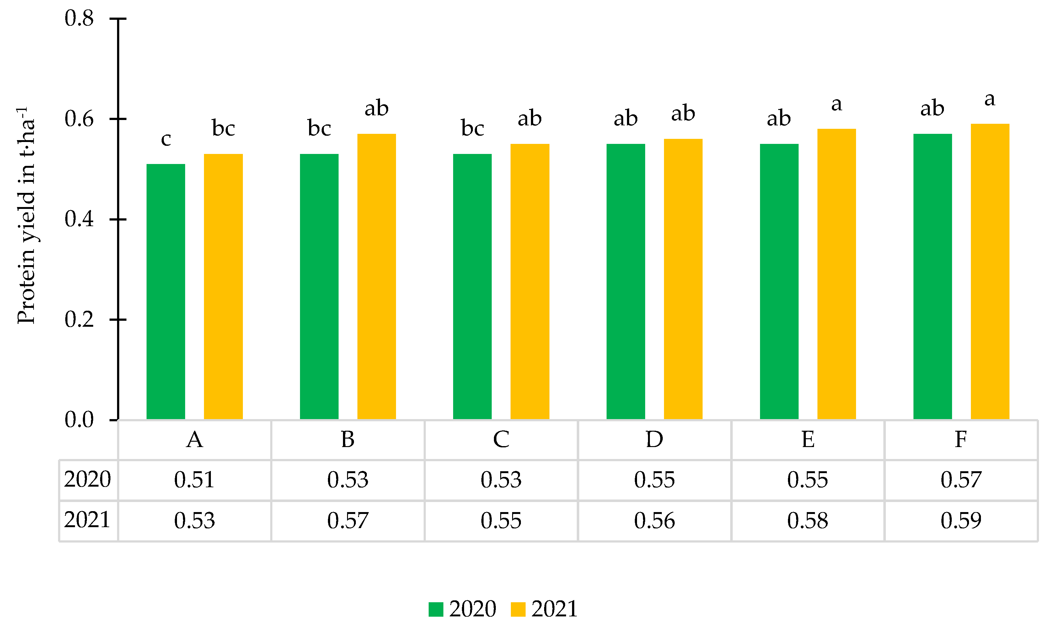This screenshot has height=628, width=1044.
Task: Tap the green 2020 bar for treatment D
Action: point(626,281)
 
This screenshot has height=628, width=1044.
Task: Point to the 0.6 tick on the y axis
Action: point(118,119)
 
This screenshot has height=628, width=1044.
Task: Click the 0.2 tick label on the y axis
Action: point(79,319)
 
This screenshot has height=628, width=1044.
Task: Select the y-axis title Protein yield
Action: point(26,216)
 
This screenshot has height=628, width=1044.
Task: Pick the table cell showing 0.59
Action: point(961,521)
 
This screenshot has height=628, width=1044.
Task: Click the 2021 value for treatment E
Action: point(807,521)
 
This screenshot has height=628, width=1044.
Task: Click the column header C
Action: point(501,440)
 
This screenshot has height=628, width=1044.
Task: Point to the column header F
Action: point(961,440)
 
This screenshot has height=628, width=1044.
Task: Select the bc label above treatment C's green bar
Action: point(472,128)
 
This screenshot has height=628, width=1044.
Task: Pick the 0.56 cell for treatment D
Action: point(654,521)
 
